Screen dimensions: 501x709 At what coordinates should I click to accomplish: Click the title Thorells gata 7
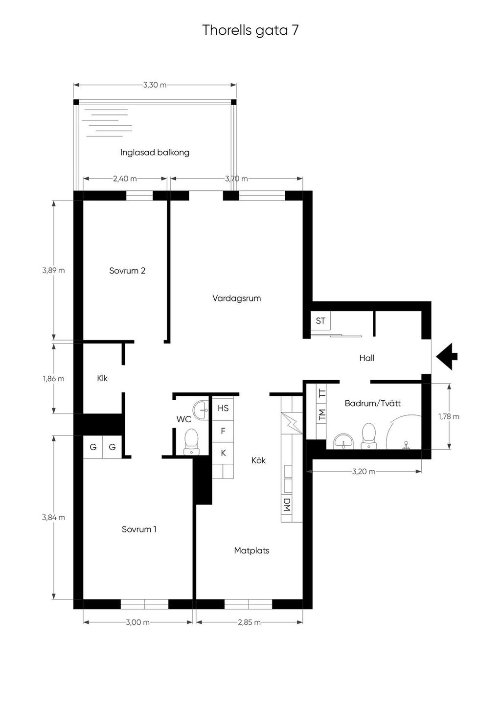point(250,30)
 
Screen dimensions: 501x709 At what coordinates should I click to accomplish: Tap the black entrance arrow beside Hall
point(446,356)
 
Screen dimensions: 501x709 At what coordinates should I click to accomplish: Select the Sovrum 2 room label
point(127,271)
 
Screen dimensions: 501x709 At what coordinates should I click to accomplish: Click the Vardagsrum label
point(237,298)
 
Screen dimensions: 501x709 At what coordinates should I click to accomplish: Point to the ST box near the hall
point(320,320)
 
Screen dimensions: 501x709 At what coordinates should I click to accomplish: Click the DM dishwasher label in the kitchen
point(287,504)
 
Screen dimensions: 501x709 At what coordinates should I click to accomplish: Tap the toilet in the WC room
point(191,442)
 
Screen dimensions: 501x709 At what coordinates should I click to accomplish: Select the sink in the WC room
point(201,410)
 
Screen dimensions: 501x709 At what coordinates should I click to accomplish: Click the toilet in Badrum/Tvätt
point(369,436)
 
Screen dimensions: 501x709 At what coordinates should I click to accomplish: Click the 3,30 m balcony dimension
point(155,85)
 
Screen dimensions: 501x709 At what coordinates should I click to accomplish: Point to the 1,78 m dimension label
point(449,416)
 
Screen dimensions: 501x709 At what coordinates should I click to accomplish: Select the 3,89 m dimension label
point(53,270)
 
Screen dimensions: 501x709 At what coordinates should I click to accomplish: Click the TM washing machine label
point(322,414)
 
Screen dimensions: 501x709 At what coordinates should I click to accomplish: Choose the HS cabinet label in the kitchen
point(223,408)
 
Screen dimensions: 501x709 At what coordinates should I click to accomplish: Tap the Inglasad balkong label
point(155,153)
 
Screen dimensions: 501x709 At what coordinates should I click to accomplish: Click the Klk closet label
point(103,378)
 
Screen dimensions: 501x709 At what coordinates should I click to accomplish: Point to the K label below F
point(224,453)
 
